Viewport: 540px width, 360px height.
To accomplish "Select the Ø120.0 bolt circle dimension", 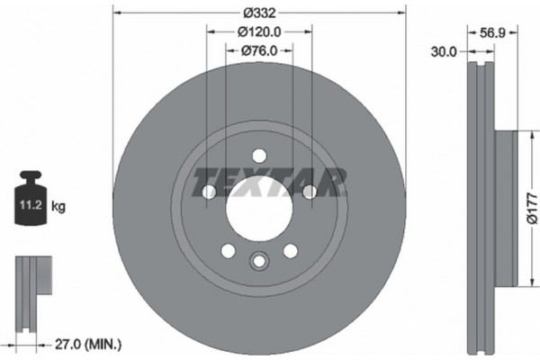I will click(261, 31).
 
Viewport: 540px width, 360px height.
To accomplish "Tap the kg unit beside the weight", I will click(59, 207).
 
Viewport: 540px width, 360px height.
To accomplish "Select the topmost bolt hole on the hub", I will click(259, 154).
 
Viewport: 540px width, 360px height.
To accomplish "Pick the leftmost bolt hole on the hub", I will click(210, 191).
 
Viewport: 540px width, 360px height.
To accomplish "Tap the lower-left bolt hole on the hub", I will click(229, 249).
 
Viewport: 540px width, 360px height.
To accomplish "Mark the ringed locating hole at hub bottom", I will click(259, 262).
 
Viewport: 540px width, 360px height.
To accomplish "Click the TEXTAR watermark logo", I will click(270, 183).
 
